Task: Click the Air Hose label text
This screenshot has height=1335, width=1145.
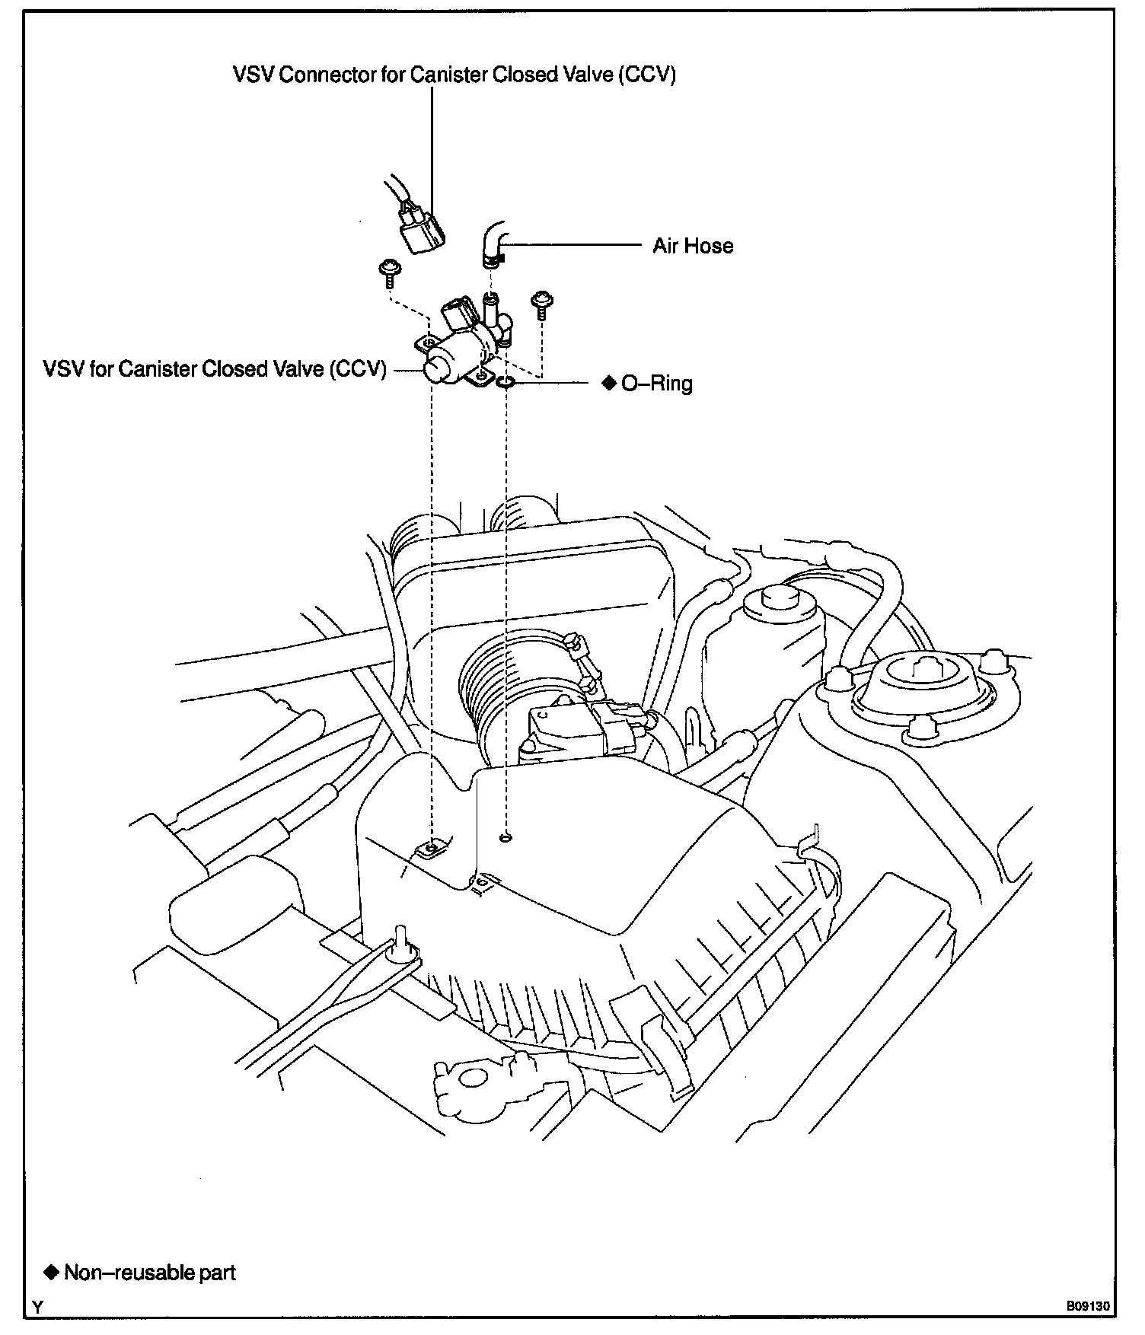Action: [x=693, y=246]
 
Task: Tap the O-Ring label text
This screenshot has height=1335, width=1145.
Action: [x=657, y=383]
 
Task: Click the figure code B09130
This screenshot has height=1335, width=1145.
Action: [x=1088, y=1305]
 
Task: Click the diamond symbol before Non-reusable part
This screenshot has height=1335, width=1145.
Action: [x=51, y=1272]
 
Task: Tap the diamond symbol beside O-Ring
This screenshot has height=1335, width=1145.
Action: [x=609, y=383]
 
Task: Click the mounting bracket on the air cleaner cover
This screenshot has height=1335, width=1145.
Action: [x=432, y=847]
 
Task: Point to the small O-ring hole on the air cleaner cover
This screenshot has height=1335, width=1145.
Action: [x=506, y=838]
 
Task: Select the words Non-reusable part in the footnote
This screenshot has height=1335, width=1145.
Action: [x=150, y=1272]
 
